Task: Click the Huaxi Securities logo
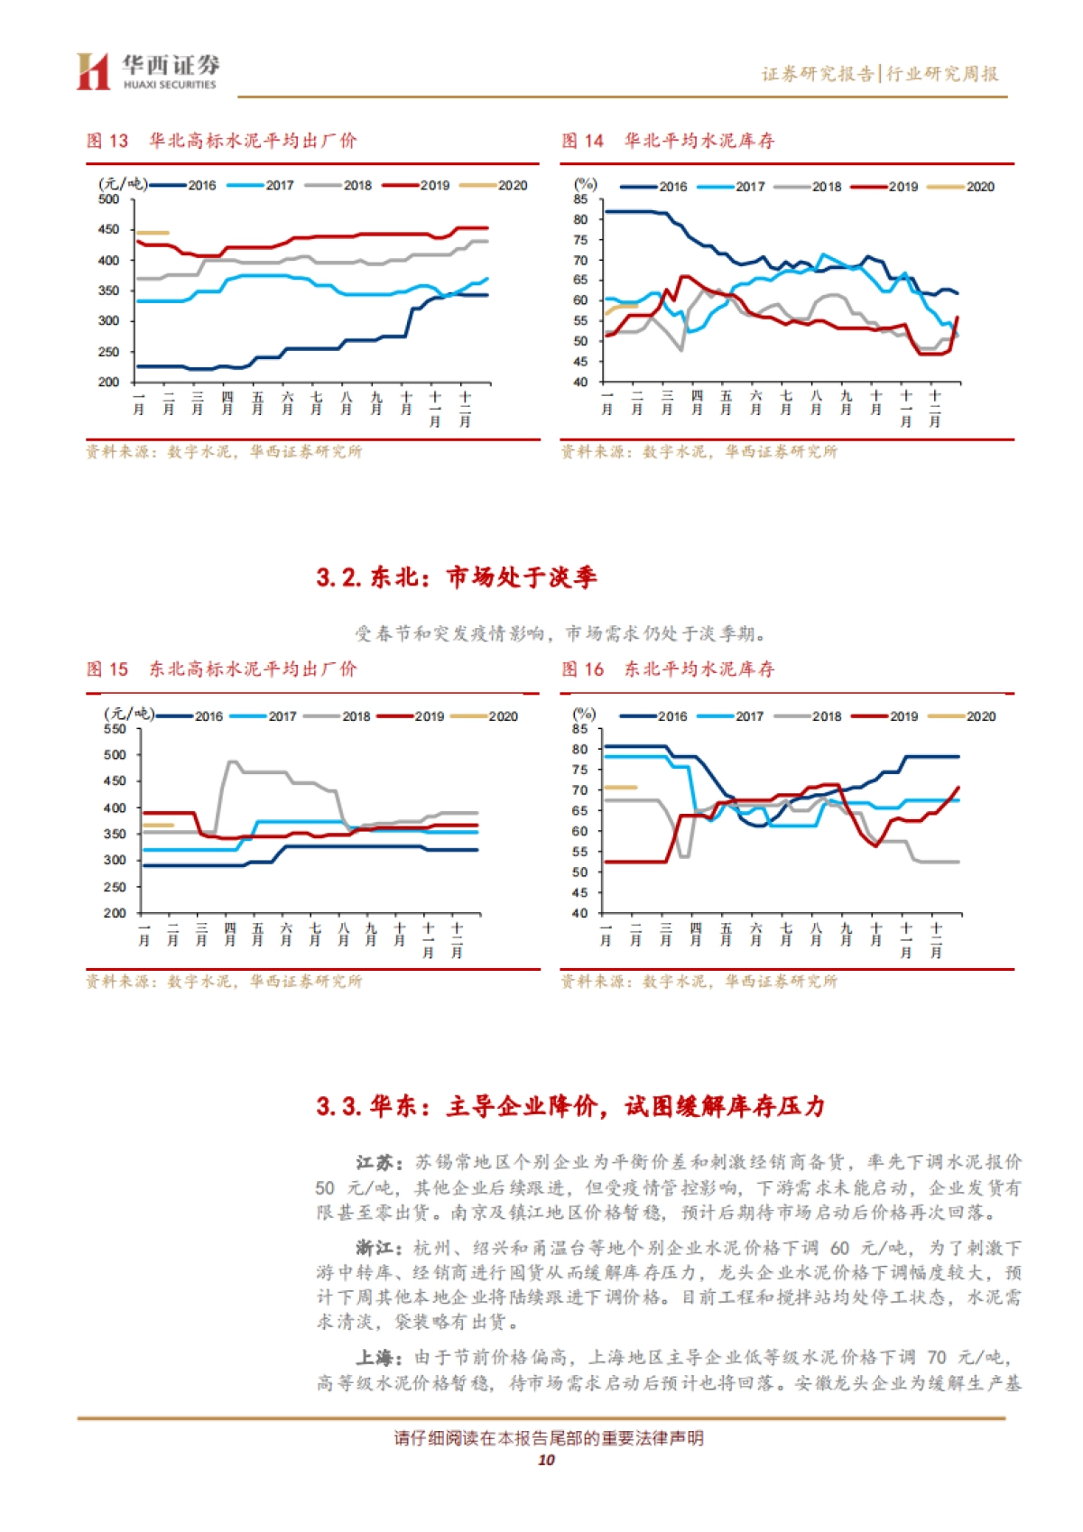tap(147, 71)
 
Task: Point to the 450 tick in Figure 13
tap(108, 229)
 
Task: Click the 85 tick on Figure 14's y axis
tap(579, 199)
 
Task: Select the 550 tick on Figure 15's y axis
tap(115, 729)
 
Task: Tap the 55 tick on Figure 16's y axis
tap(579, 852)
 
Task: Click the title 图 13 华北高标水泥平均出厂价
tap(222, 141)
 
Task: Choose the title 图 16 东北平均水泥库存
tap(668, 669)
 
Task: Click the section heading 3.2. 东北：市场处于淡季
tap(457, 577)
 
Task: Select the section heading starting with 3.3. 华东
tap(570, 1106)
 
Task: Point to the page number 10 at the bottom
tap(546, 1461)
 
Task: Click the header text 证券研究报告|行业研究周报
tap(880, 74)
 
